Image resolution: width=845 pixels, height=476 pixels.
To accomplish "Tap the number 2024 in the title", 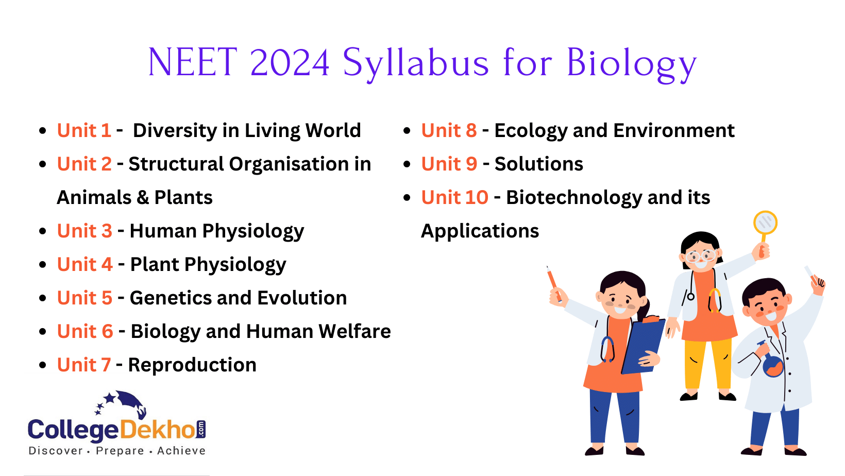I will [x=290, y=63].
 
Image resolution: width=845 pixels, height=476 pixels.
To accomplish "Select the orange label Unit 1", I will [x=84, y=130].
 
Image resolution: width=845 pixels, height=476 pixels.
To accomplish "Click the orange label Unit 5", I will [x=84, y=298].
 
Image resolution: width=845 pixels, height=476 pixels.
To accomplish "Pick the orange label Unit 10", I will [x=454, y=197].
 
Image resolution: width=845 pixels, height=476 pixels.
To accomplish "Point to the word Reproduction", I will [x=192, y=365].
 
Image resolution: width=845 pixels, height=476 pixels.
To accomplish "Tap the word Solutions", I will [x=538, y=164].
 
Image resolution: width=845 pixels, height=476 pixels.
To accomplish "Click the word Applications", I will [x=480, y=231].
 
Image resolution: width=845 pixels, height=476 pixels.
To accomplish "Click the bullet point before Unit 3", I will [x=43, y=231].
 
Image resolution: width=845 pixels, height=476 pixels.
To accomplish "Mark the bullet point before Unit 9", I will [x=407, y=164].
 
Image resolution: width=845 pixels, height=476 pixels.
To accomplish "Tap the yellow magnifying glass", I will [x=765, y=223].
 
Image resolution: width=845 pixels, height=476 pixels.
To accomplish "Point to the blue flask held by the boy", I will [x=772, y=364].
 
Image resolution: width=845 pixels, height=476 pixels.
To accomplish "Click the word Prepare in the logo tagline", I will [x=120, y=451].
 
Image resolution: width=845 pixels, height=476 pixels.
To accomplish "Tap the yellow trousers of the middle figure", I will [x=708, y=363].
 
